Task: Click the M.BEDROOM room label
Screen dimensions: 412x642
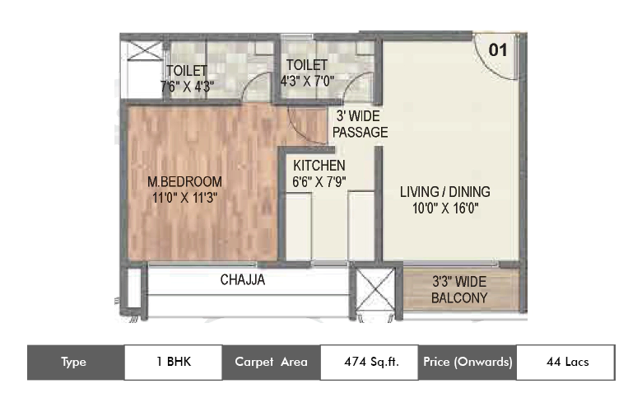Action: tap(184, 180)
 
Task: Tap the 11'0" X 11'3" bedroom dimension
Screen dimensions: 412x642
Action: tap(184, 197)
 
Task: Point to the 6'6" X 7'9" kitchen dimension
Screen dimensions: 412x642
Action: tap(319, 182)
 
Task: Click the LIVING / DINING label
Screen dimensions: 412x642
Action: tap(444, 192)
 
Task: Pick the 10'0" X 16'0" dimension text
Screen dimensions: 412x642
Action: tap(444, 208)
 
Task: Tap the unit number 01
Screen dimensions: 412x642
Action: tap(497, 49)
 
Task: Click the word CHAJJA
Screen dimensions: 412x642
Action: tap(243, 280)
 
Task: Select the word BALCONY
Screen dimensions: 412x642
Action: tap(459, 297)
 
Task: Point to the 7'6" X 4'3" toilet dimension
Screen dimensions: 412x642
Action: tap(186, 84)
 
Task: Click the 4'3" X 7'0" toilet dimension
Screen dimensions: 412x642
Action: tap(307, 82)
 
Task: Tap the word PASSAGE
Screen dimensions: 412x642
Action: tap(360, 132)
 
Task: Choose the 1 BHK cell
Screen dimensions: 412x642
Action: tap(173, 362)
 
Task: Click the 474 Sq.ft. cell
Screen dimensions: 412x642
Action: tap(370, 362)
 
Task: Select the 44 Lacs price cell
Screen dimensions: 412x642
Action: tap(565, 362)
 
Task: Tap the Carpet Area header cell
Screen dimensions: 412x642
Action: tap(271, 362)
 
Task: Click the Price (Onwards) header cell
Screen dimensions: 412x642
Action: tap(468, 362)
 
